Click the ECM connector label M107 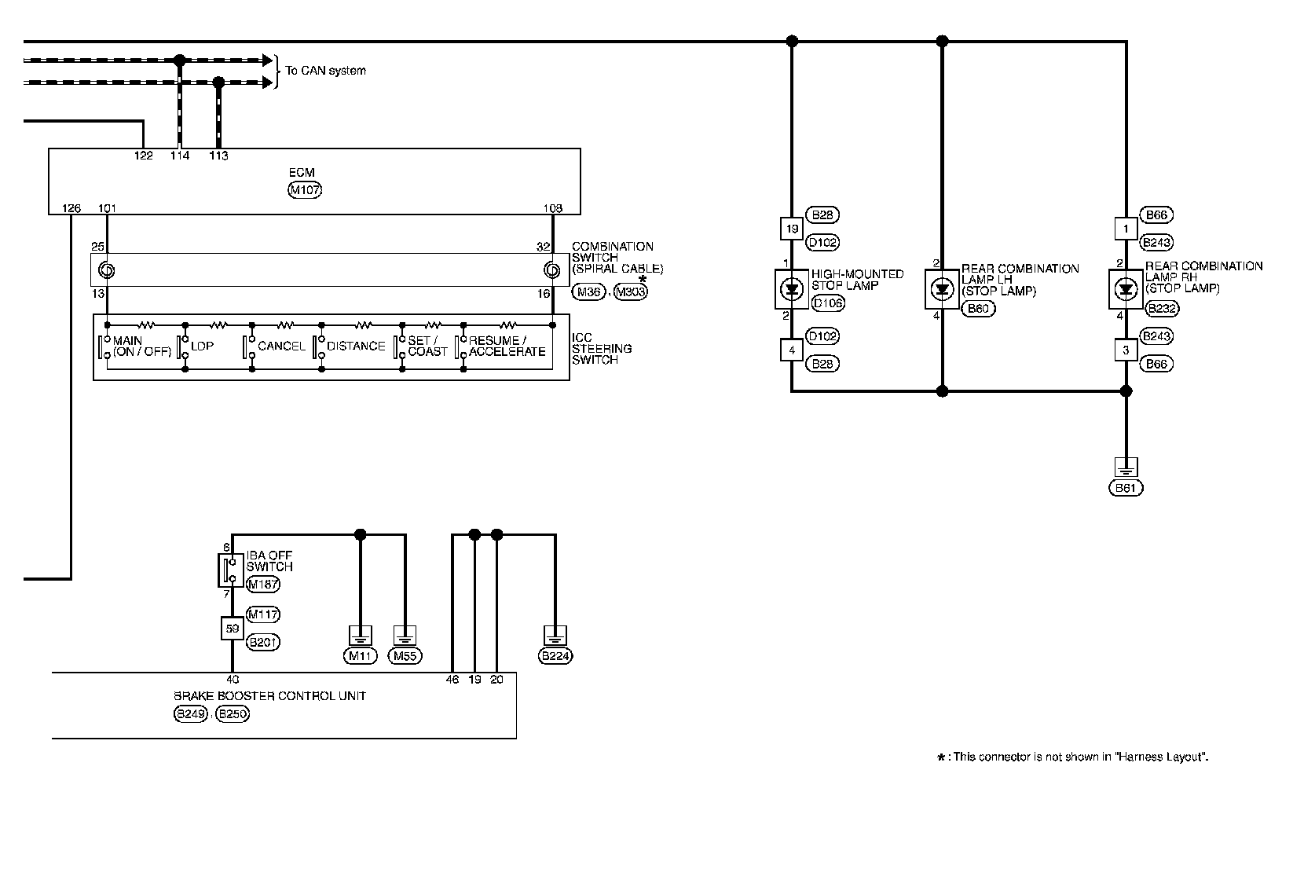pos(306,189)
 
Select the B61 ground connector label pos(1126,488)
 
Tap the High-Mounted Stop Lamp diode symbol pos(791,289)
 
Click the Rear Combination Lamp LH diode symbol pos(942,289)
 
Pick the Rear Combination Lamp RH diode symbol pos(1126,289)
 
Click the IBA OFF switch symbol pos(230,570)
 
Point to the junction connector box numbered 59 pos(232,629)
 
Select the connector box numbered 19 pos(792,229)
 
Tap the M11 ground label pos(361,656)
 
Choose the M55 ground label pos(405,656)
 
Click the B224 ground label pos(555,656)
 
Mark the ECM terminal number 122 pos(143,156)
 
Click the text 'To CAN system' pos(325,71)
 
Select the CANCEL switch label pos(281,346)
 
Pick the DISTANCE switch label pos(356,346)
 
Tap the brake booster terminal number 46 pos(452,680)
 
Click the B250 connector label pos(233,714)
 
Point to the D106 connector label pos(827,303)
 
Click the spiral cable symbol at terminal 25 pos(106,271)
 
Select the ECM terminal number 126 pos(71,208)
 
